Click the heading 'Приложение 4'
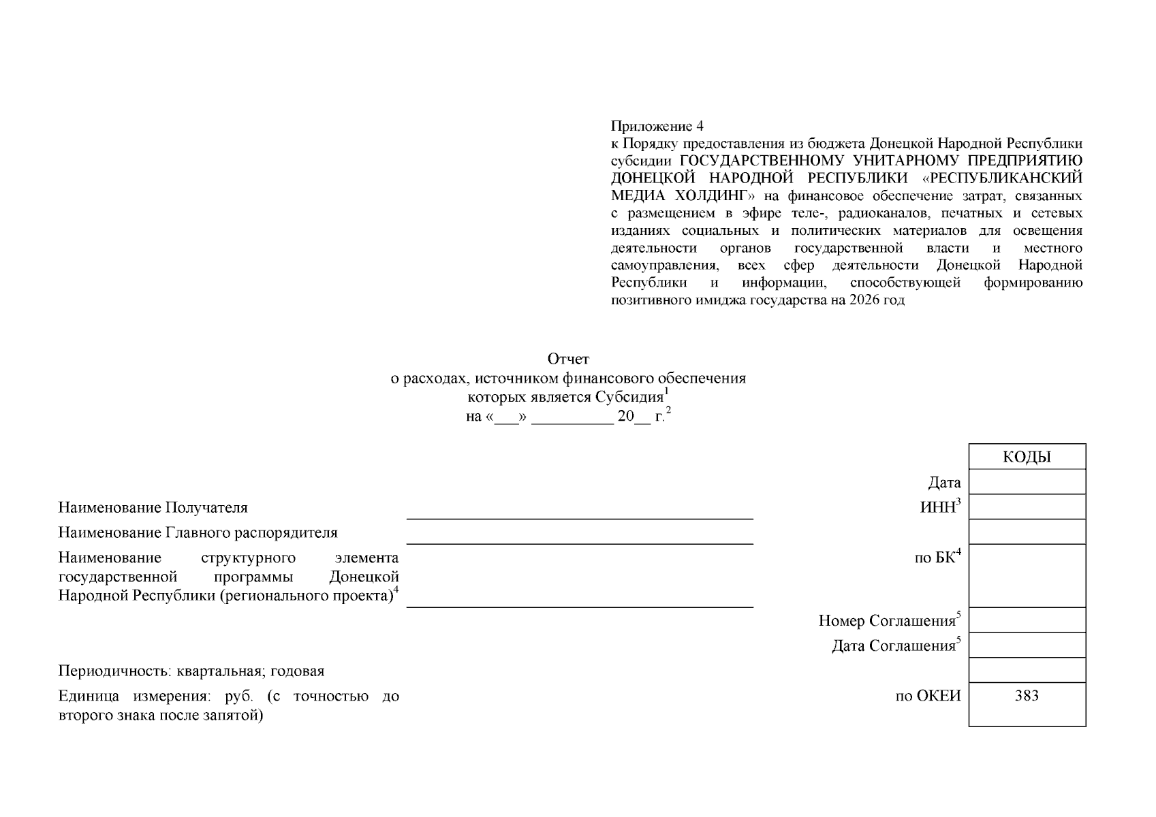(x=657, y=126)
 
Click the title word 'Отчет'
(x=568, y=359)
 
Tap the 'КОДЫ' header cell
(x=1027, y=457)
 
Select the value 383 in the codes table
(x=1027, y=695)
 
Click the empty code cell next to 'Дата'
(x=1027, y=482)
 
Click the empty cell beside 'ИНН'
(x=1027, y=507)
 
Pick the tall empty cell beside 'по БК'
(x=1027, y=575)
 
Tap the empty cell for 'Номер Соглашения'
(x=1027, y=620)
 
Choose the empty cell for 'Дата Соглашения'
(x=1027, y=645)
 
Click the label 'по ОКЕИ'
(x=928, y=696)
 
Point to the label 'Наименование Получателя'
(x=153, y=508)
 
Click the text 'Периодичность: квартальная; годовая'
(x=191, y=671)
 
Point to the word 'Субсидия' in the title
(x=629, y=398)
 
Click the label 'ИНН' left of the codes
(x=937, y=508)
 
